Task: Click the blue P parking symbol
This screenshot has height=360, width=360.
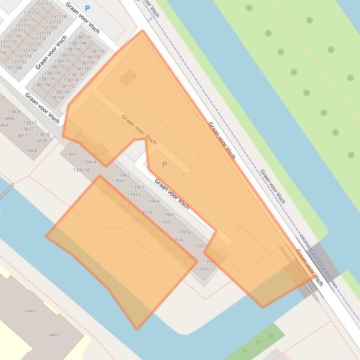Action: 87,8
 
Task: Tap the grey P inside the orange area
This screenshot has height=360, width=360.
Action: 164,165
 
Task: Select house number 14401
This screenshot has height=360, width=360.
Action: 30,310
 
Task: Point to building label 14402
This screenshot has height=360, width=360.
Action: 53,335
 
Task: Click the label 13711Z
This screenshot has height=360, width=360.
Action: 128,77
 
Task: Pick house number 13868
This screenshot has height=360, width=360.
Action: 31,151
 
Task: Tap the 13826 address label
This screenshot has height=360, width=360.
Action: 15,112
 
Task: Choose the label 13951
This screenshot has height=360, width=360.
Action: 72,154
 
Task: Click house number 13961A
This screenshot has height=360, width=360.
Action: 81,170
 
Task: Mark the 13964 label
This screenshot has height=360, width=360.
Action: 153,201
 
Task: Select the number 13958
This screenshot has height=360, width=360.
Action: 202,269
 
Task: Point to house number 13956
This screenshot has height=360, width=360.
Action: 184,232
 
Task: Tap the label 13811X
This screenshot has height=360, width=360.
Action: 83,37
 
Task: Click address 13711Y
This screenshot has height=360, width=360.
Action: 44,4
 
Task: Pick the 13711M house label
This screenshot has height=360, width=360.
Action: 14,68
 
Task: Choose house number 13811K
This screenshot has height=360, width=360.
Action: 56,98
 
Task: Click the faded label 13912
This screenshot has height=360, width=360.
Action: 107,193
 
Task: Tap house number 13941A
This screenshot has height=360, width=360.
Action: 88,162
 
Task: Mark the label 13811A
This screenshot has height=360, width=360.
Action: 97,51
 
